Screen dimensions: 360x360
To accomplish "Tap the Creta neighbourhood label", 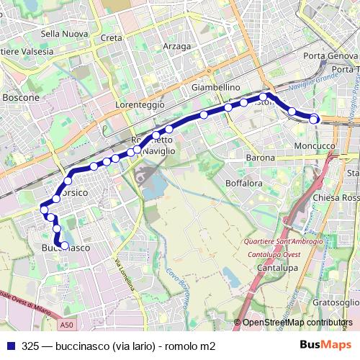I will click(112, 37).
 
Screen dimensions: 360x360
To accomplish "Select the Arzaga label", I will click(177, 46).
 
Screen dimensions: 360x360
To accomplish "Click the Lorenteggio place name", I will click(140, 104).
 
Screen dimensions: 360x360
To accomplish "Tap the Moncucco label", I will click(315, 145).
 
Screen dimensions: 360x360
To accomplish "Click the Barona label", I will click(260, 158).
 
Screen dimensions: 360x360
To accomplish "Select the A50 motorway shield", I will click(67, 325).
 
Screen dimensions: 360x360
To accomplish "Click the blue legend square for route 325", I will click(10, 346).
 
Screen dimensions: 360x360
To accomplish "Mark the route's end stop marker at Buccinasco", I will click(65, 246).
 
